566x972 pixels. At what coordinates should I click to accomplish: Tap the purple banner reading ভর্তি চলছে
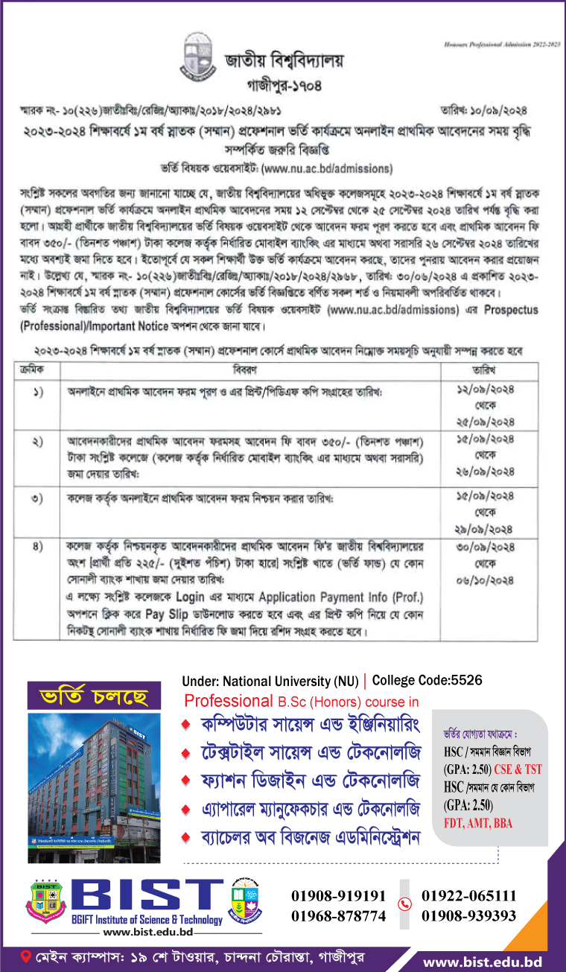(x=84, y=698)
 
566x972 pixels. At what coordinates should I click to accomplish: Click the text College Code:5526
(x=427, y=680)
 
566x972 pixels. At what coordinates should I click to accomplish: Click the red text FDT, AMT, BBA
(x=478, y=824)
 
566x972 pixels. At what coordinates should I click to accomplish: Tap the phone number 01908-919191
(x=339, y=896)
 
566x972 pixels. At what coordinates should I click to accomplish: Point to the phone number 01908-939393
(x=468, y=915)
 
